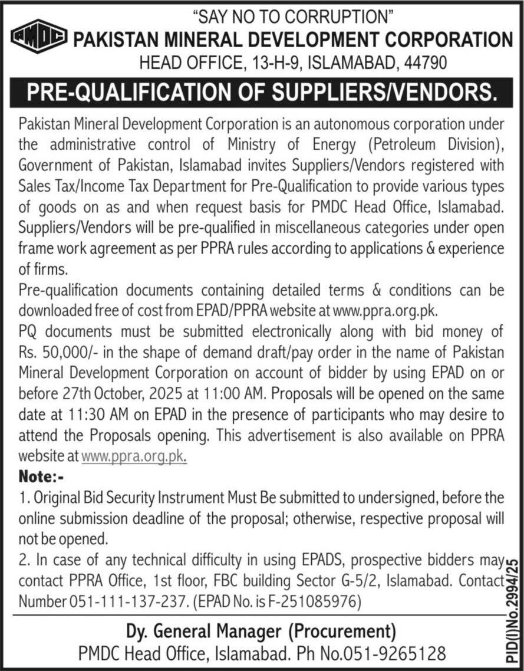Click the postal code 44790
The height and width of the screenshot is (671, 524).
pos(421,62)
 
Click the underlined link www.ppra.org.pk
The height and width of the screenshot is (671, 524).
pos(134,455)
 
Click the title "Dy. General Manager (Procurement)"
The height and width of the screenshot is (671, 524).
pos(261,632)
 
